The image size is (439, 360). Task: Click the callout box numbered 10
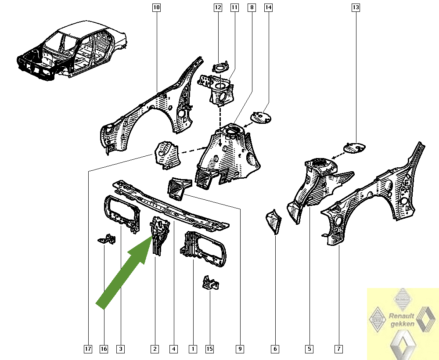pos(157,7)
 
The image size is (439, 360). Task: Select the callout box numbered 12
pos(218,7)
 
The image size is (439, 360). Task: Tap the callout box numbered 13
pos(356,7)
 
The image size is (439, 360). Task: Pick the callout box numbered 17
pos(88,349)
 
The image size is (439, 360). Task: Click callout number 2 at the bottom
pos(155,349)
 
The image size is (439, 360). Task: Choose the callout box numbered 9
pos(240,349)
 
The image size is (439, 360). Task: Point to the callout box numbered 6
pos(275,349)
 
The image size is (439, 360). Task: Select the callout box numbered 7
pos(339,349)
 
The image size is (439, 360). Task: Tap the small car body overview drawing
pos(72,50)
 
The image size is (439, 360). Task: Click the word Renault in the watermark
pos(402,316)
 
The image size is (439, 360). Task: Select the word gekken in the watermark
pos(402,324)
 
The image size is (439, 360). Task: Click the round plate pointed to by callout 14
pos(261,117)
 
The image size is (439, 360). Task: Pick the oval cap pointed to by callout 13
pos(354,148)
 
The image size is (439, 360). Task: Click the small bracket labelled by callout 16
pos(107,239)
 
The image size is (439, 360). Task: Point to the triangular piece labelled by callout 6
pos(273,221)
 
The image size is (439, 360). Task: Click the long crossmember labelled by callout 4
pos(171,206)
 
